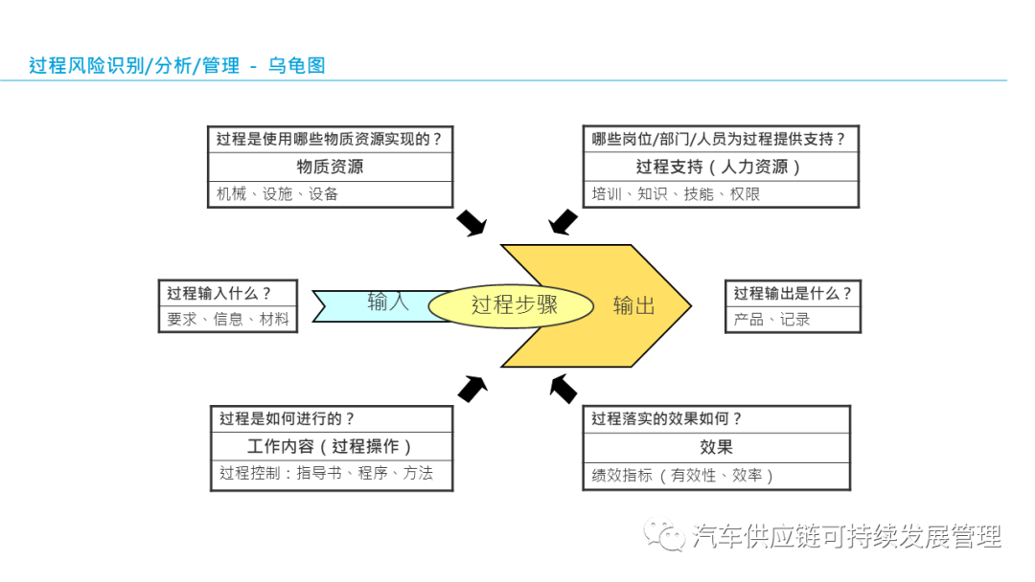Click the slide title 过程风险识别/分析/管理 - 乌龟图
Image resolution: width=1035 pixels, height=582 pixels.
click(177, 66)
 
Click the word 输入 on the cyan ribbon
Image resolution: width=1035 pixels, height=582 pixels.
click(388, 302)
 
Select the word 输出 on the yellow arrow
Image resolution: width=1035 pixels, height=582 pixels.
click(633, 305)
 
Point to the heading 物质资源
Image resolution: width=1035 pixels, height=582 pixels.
click(331, 167)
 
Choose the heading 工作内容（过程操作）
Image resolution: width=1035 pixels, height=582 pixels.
click(331, 446)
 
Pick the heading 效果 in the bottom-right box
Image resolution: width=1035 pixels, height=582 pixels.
click(716, 447)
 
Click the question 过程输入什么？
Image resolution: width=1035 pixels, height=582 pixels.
click(219, 293)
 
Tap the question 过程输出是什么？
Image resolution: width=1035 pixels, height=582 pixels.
click(793, 293)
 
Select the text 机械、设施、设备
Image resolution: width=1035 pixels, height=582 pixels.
click(278, 193)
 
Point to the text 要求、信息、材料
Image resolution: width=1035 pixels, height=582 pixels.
click(227, 319)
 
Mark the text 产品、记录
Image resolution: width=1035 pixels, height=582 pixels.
click(771, 319)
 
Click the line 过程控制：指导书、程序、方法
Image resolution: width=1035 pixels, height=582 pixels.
click(326, 473)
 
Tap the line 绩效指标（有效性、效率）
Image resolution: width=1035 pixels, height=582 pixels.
click(682, 475)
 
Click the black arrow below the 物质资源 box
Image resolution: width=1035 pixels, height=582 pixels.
click(471, 222)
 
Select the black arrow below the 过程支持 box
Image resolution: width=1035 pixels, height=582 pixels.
click(563, 222)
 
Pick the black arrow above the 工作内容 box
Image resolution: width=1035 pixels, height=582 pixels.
click(471, 388)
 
